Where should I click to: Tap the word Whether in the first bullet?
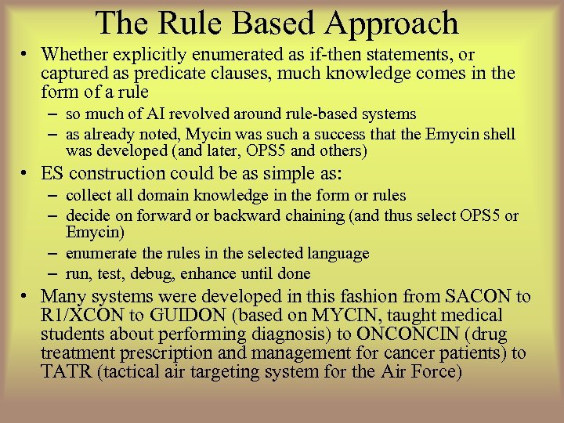coord(72,55)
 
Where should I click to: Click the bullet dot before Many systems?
coord(26,298)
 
